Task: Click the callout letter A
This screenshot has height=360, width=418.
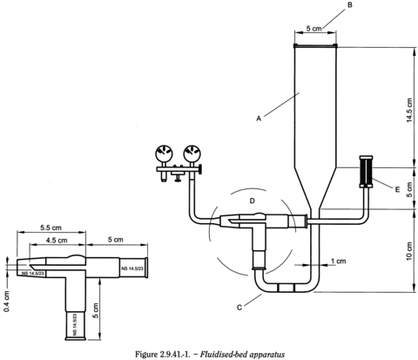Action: click(x=259, y=119)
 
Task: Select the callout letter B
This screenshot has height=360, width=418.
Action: click(x=350, y=5)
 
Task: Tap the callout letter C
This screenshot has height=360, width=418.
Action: click(x=239, y=308)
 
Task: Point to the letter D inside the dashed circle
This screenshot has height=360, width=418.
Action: click(x=253, y=200)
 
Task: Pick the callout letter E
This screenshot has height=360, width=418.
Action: click(x=397, y=189)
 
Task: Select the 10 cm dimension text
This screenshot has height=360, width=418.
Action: click(x=409, y=251)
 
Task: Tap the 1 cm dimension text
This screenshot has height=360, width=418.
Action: click(x=339, y=261)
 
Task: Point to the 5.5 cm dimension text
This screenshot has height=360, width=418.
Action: click(x=51, y=228)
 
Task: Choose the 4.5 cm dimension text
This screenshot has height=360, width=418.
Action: click(x=57, y=240)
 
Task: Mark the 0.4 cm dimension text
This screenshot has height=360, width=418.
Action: click(x=7, y=302)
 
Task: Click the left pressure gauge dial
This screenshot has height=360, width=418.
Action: click(x=164, y=153)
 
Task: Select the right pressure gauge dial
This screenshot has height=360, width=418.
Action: click(x=192, y=153)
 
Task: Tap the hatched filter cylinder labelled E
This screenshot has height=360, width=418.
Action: click(x=367, y=171)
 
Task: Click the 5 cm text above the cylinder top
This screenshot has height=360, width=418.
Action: click(x=314, y=29)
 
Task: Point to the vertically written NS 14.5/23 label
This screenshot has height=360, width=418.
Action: click(x=75, y=324)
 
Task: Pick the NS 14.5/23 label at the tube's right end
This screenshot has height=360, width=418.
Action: click(x=132, y=268)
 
